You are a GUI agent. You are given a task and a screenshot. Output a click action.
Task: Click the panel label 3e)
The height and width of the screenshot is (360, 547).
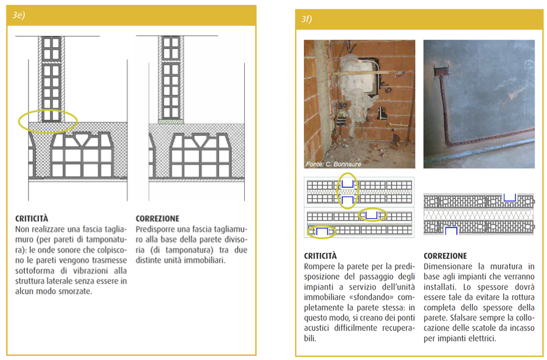point(19,16)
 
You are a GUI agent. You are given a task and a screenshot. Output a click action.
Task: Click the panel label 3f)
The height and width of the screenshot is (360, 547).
point(307,20)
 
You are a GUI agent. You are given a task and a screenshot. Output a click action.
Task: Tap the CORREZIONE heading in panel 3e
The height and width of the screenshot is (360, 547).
point(157,218)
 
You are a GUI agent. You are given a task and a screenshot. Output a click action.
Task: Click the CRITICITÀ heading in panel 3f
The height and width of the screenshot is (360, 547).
point(321,256)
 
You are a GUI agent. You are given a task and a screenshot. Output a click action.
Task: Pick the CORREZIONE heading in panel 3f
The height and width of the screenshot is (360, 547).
point(445,256)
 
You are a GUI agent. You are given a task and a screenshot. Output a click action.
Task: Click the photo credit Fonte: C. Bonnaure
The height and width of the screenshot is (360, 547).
point(333,164)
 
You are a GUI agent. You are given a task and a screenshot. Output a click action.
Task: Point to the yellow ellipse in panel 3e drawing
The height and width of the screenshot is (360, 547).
point(48,121)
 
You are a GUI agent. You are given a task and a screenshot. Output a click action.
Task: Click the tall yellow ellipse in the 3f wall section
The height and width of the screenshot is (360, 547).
point(348,191)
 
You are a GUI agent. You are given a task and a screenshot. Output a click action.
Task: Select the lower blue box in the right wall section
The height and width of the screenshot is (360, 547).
point(451,230)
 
